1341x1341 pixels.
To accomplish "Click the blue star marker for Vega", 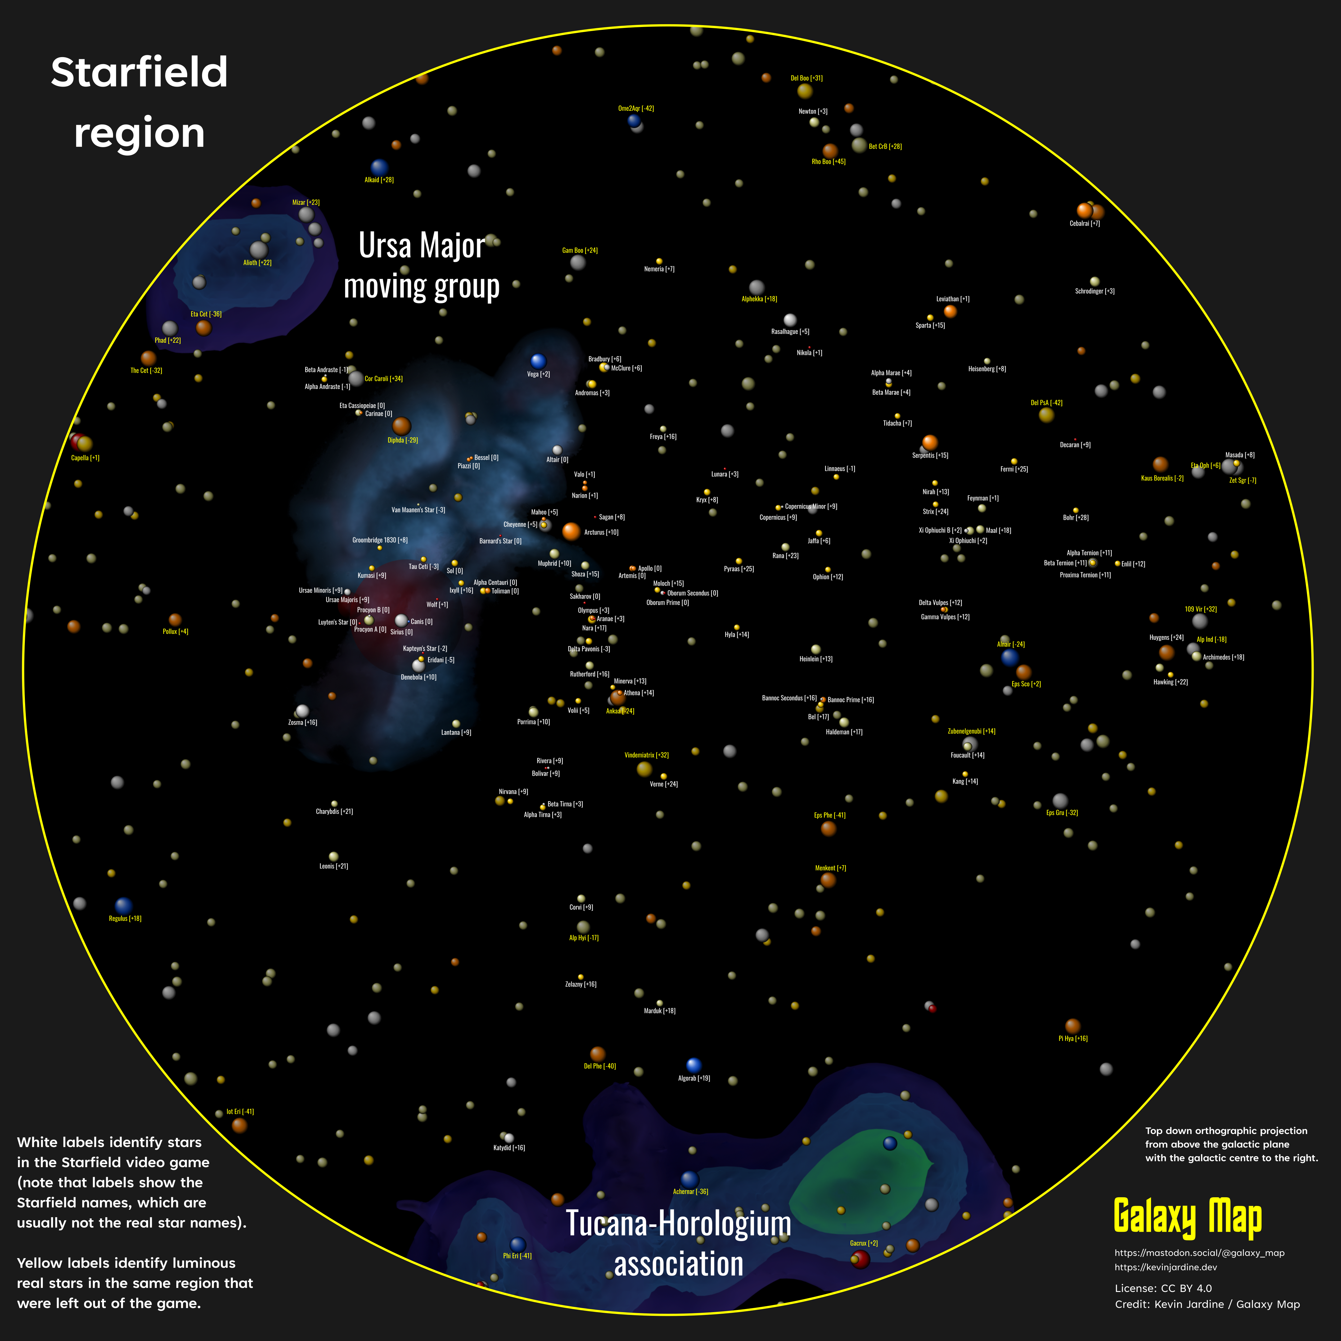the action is pos(538,361).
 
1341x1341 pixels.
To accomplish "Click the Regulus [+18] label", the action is pos(125,918).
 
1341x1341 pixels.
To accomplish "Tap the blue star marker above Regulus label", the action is pos(124,905).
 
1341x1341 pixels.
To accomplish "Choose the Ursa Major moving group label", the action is pos(421,266).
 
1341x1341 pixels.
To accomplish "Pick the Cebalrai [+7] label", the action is pos(1084,223).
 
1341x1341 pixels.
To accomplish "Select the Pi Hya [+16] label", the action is pos(1072,1038).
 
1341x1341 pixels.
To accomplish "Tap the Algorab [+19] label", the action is pos(693,1078).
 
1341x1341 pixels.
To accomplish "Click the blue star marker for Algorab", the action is pos(693,1065).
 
